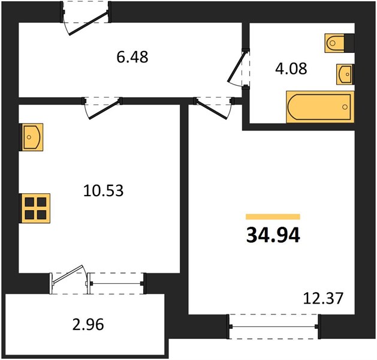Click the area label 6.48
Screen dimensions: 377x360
(132, 57)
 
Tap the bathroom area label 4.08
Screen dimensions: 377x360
(291, 68)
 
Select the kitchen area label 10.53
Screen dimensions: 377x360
(103, 191)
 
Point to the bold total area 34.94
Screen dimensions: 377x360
(273, 235)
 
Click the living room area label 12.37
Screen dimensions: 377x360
(323, 298)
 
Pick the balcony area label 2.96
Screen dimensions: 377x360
(88, 324)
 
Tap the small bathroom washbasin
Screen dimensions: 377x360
(345, 74)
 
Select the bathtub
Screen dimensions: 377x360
(320, 107)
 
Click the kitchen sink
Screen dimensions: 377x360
(32, 137)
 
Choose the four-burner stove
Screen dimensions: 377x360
(35, 208)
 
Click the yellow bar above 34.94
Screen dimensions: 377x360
(273, 217)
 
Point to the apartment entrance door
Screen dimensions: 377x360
(88, 23)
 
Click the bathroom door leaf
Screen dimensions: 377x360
(237, 67)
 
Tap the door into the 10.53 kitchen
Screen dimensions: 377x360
(104, 110)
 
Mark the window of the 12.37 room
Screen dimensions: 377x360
(273, 326)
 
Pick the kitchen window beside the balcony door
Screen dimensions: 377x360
(117, 283)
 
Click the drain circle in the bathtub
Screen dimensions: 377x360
(345, 107)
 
